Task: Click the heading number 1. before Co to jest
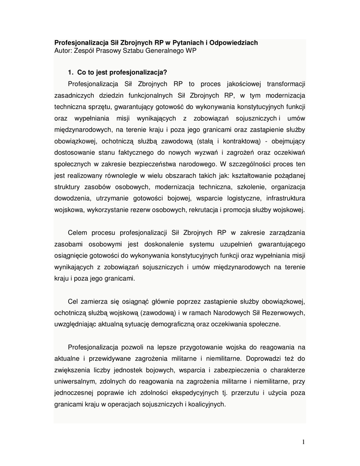(x=71, y=72)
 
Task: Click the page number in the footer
(x=303, y=442)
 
